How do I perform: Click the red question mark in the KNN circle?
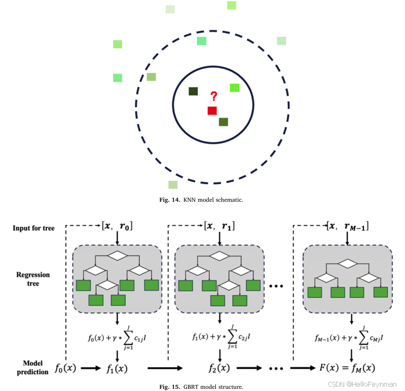click(214, 97)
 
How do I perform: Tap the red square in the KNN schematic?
click(212, 111)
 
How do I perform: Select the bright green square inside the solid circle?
click(234, 87)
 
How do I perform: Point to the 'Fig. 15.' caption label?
click(169, 387)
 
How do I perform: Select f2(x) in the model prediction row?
click(219, 370)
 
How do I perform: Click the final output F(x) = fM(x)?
click(346, 370)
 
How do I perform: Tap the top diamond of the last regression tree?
click(346, 264)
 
